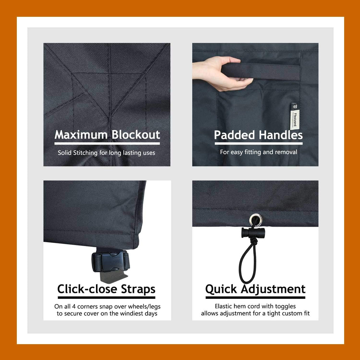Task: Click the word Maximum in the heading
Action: [x=81, y=135]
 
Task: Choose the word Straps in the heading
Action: [x=138, y=289]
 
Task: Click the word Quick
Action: [x=221, y=289]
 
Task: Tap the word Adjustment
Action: [x=273, y=289]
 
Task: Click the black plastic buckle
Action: [x=111, y=261]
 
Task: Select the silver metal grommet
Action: [x=255, y=219]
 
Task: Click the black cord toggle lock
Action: [x=253, y=233]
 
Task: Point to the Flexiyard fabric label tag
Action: [x=295, y=116]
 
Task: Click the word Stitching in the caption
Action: [x=85, y=153]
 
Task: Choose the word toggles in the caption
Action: [x=285, y=307]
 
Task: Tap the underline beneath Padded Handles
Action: [x=258, y=143]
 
